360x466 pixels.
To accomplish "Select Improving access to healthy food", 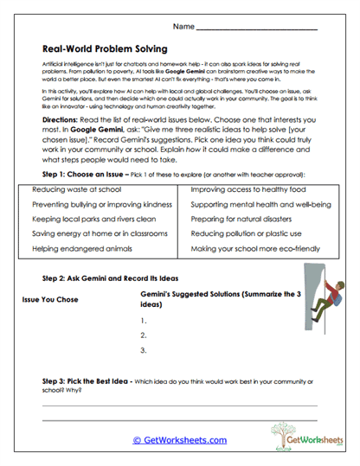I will click(247, 188).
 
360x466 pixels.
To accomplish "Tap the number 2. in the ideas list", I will click(141, 335).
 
